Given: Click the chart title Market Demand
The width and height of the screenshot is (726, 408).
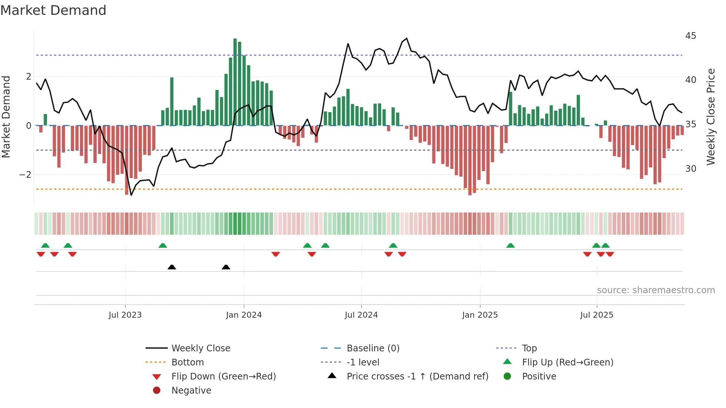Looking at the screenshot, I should point(53,10).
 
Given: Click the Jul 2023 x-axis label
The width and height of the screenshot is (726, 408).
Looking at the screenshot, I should point(125,315).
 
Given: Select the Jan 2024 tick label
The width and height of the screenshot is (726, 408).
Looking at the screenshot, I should point(244,315).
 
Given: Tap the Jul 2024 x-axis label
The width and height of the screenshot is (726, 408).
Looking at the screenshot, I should point(361,315).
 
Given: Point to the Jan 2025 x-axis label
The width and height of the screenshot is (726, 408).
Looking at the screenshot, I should point(480,315).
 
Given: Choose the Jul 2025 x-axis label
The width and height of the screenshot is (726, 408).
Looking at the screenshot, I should point(597,315).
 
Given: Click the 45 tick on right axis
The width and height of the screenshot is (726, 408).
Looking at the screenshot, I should point(690,36).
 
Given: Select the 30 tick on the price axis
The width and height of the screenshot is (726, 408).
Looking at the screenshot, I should point(690,169).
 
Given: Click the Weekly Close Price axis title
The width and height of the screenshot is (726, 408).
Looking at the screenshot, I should point(710,117).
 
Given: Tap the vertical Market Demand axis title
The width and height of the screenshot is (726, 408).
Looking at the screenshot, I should point(6,117).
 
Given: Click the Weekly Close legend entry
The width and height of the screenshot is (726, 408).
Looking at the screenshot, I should point(201,348).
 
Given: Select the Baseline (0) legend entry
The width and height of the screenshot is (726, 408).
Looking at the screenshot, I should point(373,348).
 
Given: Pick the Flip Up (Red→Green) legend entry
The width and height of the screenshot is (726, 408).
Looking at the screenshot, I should point(567,362).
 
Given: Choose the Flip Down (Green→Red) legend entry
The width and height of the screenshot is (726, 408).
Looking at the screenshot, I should point(223,377).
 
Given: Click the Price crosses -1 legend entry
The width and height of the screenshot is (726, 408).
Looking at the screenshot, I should point(417,377).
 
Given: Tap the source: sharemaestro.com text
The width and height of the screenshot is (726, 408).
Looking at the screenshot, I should point(656,290).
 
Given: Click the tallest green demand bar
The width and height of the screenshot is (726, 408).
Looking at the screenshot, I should point(235,81).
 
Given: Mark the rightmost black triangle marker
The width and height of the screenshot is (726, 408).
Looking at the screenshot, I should point(226,267).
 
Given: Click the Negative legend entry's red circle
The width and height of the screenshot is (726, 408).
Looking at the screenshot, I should point(157,391).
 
